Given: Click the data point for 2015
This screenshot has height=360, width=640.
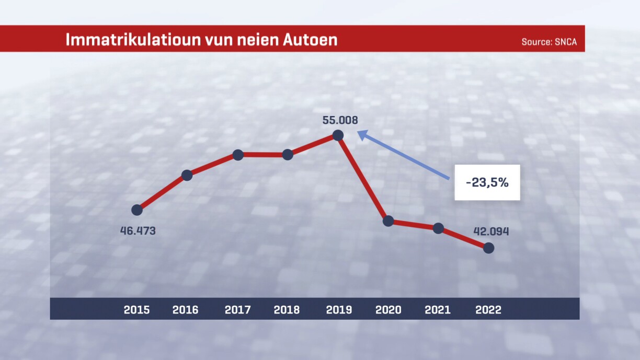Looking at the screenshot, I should click(137, 210).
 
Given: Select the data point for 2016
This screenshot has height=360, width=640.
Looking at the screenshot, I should click(187, 176).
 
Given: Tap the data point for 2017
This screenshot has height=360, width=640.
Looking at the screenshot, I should click(238, 155).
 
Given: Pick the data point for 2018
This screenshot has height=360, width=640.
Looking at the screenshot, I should click(288, 155).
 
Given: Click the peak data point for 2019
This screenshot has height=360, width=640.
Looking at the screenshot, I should click(338, 135).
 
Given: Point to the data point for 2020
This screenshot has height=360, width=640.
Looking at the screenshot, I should click(388, 221).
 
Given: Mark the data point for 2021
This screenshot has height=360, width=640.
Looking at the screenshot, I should click(438, 228).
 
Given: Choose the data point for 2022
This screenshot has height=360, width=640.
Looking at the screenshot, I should click(488, 248).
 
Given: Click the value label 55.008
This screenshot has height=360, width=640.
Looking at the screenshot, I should click(340, 120).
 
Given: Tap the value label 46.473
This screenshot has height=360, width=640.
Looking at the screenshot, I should click(138, 230).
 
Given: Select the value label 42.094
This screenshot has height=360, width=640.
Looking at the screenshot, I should click(491, 231).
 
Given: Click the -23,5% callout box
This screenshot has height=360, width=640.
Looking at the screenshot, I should click(487, 182).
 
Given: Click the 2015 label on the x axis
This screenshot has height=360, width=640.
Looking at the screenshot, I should click(136, 310).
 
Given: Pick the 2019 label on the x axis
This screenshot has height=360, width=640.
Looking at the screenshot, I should click(339, 310).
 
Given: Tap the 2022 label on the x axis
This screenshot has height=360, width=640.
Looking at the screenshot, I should click(488, 310).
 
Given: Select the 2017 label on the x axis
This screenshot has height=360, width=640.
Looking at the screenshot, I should click(237, 310).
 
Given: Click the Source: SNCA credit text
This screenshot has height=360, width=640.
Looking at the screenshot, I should click(549, 42).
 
